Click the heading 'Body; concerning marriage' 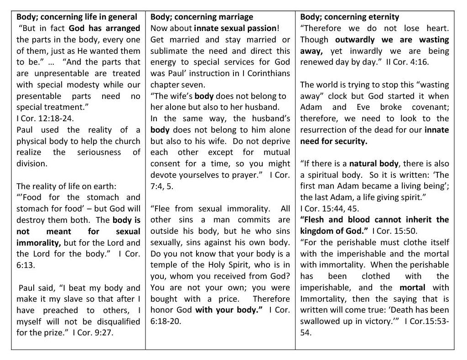202,17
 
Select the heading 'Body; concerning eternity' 349,17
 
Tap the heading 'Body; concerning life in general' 77,17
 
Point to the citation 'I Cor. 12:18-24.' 44,118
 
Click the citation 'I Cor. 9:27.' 93,332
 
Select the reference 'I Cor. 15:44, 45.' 329,208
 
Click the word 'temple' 165,265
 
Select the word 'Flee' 162,208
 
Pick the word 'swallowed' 318,321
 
